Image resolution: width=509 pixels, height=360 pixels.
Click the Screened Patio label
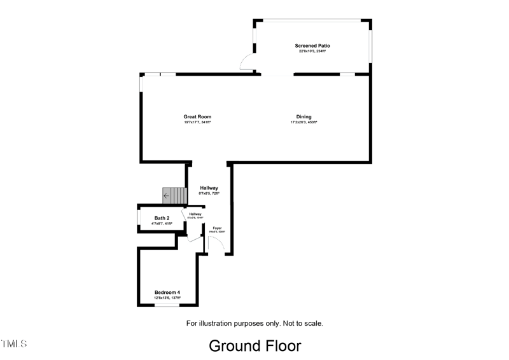click(312, 46)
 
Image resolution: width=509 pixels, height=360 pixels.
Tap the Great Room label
click(197, 117)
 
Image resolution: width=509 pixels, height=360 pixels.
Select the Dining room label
click(303, 117)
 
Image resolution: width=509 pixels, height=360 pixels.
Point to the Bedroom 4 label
click(167, 293)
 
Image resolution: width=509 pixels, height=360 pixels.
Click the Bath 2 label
click(162, 218)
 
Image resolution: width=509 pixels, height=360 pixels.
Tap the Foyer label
click(217, 228)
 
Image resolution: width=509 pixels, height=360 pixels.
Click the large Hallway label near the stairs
click(209, 188)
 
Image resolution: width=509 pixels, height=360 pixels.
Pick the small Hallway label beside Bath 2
click(195, 214)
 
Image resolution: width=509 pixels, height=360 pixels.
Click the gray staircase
click(174, 195)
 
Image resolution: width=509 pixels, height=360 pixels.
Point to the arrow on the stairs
click(167, 196)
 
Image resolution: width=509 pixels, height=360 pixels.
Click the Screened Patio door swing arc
click(244, 62)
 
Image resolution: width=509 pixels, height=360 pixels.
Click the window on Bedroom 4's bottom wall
click(167, 305)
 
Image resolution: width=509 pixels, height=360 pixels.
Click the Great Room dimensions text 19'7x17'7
click(197, 122)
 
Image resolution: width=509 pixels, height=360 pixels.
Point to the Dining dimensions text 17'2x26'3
click(303, 122)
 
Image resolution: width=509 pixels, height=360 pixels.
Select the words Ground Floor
click(254, 345)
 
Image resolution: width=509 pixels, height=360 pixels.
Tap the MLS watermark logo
click(14, 344)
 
